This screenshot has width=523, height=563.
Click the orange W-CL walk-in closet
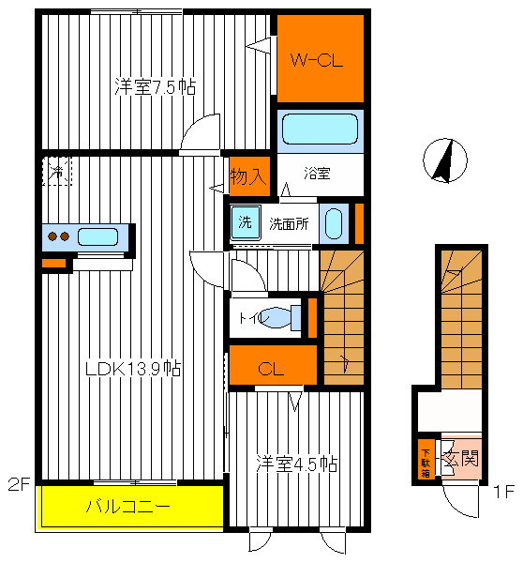(x=321, y=58)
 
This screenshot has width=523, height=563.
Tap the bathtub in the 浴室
(x=320, y=129)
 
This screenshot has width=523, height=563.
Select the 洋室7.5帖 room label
(x=156, y=86)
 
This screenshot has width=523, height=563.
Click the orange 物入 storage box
(x=249, y=176)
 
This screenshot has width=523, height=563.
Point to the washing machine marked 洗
(x=246, y=222)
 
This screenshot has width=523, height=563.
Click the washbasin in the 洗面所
(x=334, y=223)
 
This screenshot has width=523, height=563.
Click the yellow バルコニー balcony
(x=130, y=507)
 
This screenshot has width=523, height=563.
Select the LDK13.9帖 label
(x=133, y=369)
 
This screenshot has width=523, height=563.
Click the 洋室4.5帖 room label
(x=297, y=464)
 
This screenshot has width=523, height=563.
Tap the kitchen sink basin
(x=97, y=237)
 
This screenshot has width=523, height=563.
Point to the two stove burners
(x=58, y=236)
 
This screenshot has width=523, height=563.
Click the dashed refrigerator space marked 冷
(x=57, y=172)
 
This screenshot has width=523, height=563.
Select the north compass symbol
(x=445, y=160)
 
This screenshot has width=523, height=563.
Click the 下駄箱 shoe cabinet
(x=426, y=459)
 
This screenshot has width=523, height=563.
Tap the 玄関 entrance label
(x=461, y=458)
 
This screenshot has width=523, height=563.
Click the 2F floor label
(x=20, y=484)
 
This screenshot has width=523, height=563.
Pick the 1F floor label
(x=504, y=491)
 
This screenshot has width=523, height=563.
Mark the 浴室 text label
(x=317, y=174)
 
